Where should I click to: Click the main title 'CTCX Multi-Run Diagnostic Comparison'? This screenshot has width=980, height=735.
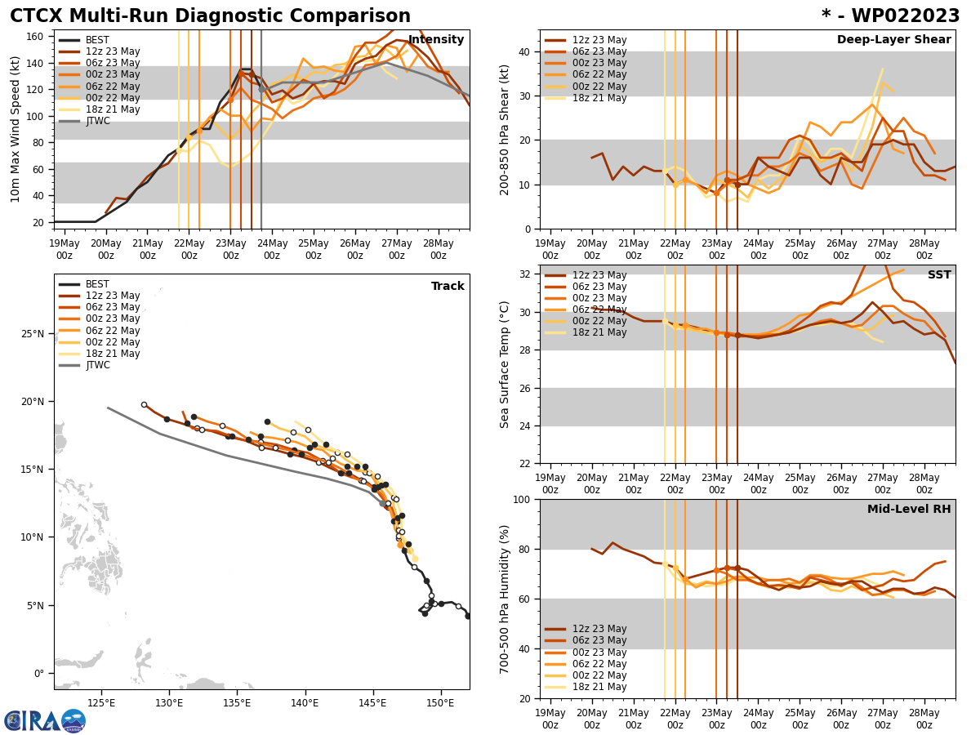point(210,16)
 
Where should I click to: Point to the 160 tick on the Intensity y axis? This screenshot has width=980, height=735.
point(36,37)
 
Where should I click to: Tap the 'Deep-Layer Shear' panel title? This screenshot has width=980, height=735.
point(893,40)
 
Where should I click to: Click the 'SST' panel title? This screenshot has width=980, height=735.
point(938,275)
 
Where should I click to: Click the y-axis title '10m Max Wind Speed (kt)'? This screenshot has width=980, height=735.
point(15,129)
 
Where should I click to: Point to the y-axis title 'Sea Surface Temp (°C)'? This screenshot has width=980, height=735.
point(505,364)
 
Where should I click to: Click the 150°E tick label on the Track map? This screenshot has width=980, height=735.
point(441,702)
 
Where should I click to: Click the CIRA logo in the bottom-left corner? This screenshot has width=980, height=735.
point(45,720)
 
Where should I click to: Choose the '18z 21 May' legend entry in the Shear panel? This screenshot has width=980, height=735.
point(599,98)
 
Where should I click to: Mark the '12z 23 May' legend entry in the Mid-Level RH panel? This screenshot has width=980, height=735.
point(599,629)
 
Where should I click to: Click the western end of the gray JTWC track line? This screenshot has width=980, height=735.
point(108,408)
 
